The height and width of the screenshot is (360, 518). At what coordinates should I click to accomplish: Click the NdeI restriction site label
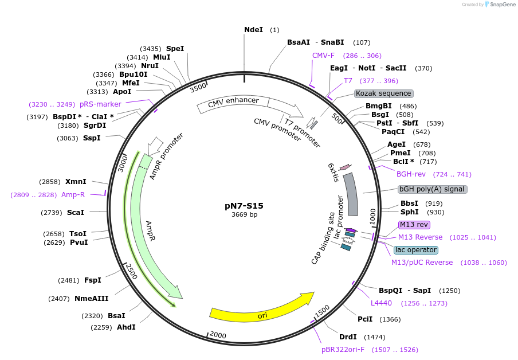[253, 29]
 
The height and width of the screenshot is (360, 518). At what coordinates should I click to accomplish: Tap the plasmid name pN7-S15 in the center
[244, 205]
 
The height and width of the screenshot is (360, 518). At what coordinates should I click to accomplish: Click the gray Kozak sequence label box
[383, 93]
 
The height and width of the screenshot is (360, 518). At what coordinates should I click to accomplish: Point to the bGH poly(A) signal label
[433, 189]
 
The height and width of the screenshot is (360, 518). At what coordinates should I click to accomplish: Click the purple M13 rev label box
[414, 225]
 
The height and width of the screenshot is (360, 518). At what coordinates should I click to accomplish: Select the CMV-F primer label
[323, 56]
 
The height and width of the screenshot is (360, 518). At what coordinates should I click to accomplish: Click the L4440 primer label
[381, 303]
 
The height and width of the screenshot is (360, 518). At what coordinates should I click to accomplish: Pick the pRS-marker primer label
[100, 104]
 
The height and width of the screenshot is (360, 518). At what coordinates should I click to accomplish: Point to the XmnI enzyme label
[76, 182]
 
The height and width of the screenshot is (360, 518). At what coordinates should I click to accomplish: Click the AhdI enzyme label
[126, 327]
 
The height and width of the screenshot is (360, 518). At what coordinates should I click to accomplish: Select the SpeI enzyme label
[175, 49]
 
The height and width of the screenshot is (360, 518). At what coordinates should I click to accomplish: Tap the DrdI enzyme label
[348, 337]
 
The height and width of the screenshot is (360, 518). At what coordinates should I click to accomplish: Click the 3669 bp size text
[244, 215]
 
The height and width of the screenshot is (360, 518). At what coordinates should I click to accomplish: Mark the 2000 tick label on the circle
[218, 334]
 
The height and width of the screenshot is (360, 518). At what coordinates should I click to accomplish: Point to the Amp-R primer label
[73, 195]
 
